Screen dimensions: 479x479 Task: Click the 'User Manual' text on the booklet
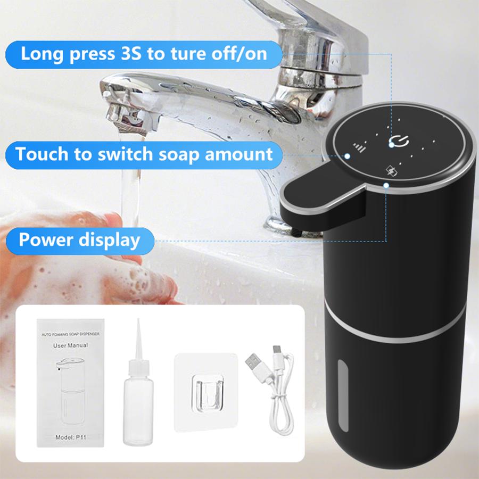click(71, 345)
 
